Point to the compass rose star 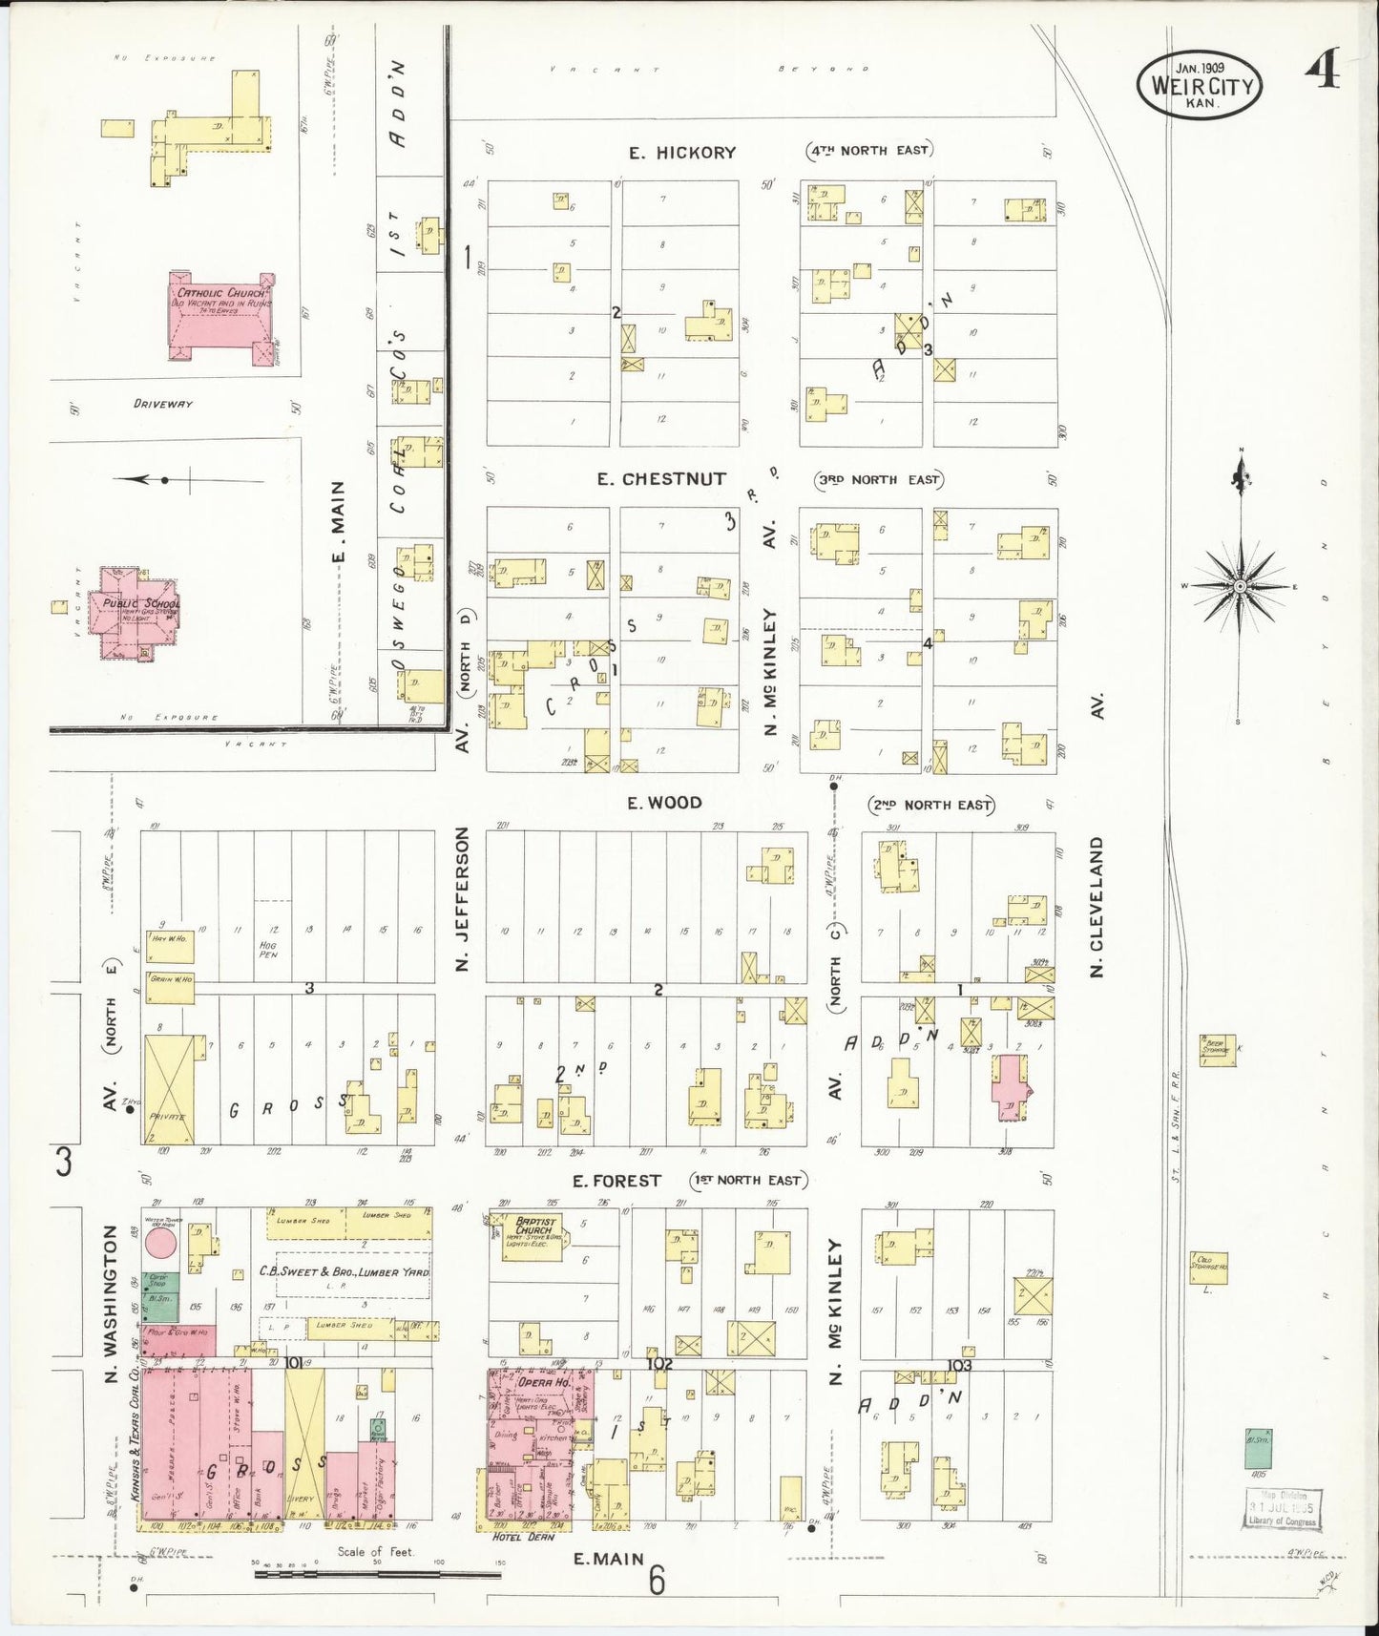tap(1239, 585)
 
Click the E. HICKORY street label tap(682, 153)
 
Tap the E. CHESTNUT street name tap(661, 479)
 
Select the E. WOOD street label tap(664, 804)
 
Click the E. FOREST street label tap(616, 1182)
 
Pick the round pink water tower tap(160, 1243)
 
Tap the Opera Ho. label tap(542, 1383)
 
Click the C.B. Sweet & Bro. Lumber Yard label tap(345, 1272)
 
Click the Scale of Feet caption tap(375, 1552)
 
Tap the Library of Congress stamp tap(1282, 1508)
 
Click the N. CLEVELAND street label tap(1097, 907)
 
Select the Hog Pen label tap(267, 948)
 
